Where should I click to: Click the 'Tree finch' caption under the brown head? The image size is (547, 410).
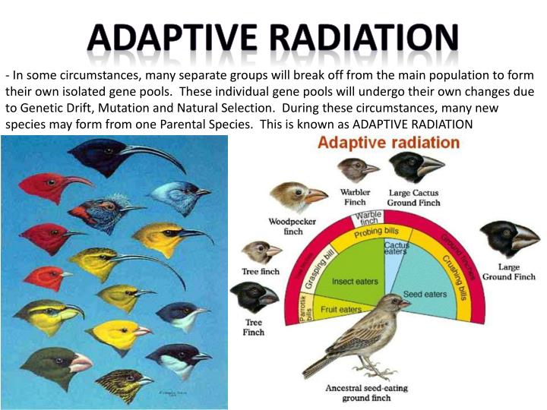[261, 271]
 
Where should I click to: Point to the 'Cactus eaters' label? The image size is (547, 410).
[396, 249]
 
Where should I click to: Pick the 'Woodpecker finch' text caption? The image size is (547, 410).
[286, 226]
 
